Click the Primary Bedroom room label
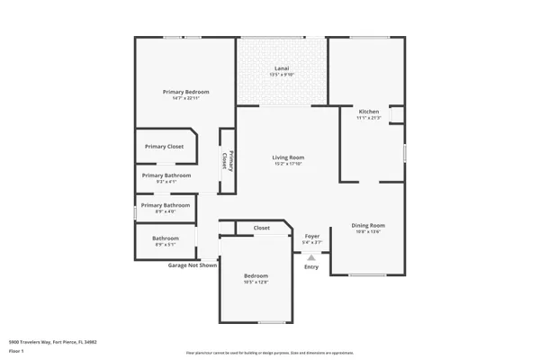(185, 92)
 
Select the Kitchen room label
(369, 111)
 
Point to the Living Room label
(289, 157)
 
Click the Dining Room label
(368, 225)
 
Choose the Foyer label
(311, 236)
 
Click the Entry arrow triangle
(311, 257)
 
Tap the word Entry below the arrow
(311, 267)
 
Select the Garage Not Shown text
(193, 265)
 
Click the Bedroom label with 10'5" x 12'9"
(256, 275)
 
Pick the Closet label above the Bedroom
(262, 228)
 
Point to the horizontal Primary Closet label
(165, 146)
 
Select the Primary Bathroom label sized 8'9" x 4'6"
(166, 205)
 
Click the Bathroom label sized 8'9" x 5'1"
(165, 238)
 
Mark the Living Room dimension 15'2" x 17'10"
(289, 164)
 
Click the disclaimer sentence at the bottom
(270, 353)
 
